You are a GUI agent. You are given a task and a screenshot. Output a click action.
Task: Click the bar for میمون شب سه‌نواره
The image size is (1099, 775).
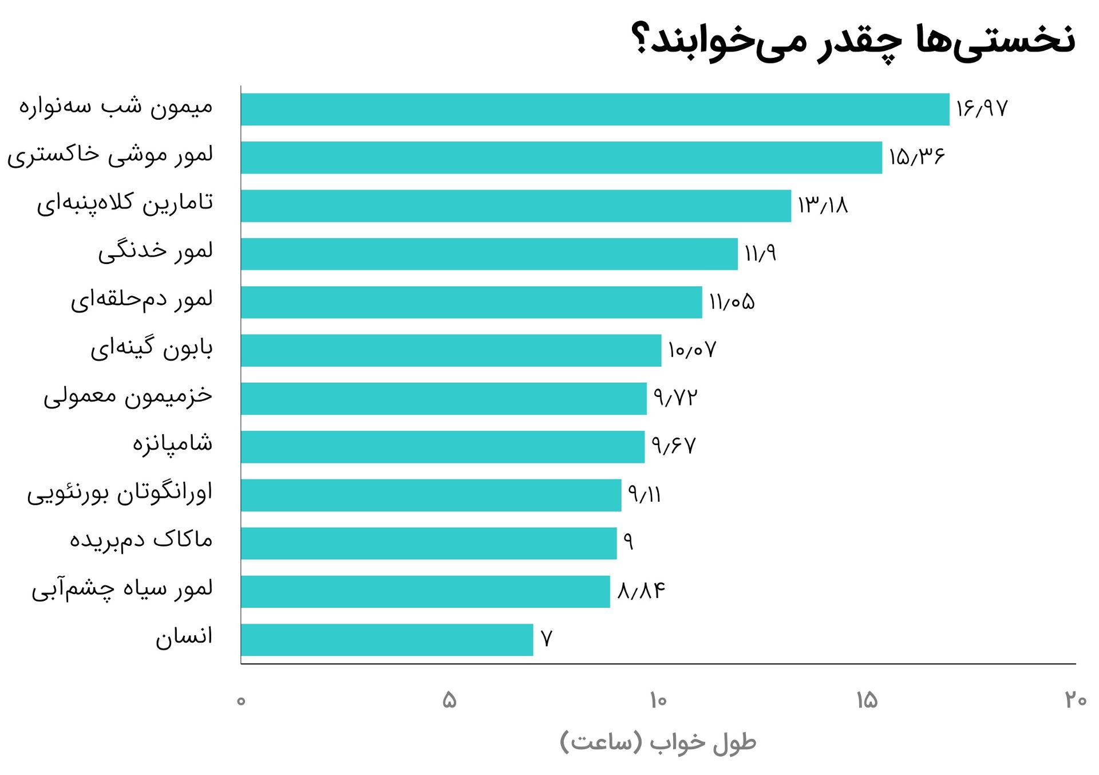point(595,109)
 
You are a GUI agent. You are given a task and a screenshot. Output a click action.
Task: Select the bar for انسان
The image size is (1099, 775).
point(387,640)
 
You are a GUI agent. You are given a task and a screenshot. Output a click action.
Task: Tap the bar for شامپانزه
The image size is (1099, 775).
point(442,447)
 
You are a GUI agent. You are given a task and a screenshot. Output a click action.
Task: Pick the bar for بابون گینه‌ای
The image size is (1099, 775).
point(451,351)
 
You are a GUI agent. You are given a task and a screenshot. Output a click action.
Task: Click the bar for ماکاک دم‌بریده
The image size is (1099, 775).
point(429,543)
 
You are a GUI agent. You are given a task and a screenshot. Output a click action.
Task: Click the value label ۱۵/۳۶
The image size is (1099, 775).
point(916,157)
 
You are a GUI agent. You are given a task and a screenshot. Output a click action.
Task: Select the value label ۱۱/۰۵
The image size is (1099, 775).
point(732,302)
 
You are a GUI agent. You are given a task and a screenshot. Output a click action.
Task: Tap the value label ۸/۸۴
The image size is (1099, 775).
point(641,591)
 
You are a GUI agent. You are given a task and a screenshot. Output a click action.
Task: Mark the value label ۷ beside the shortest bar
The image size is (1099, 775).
point(547,639)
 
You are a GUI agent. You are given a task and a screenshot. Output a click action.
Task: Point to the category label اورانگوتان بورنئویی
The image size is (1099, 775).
point(120,493)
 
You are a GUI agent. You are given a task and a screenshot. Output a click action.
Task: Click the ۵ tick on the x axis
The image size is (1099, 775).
point(449,700)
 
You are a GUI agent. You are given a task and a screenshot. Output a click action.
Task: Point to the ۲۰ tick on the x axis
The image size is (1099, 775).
point(1076,700)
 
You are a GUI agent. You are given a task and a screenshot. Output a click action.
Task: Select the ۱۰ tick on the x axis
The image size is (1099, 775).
point(658,700)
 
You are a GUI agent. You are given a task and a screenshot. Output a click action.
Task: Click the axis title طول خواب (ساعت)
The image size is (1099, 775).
point(658,743)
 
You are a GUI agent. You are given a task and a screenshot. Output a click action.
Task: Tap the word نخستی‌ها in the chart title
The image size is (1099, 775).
point(996,40)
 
